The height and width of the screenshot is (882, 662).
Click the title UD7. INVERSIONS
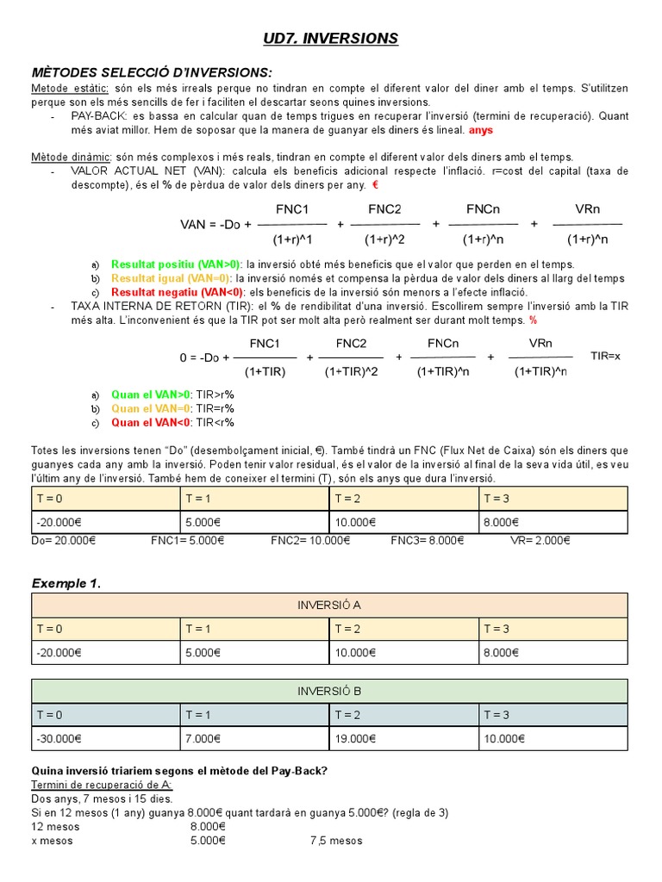click(330, 38)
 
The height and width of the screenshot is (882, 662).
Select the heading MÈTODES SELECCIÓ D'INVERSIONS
click(151, 71)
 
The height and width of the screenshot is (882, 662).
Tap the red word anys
click(481, 131)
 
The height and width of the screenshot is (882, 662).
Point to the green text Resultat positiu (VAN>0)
click(177, 264)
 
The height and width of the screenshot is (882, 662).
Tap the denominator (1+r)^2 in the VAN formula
click(384, 239)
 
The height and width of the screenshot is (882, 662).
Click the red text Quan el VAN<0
click(151, 422)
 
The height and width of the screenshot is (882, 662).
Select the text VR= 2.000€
click(540, 540)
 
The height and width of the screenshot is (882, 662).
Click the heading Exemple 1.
click(66, 583)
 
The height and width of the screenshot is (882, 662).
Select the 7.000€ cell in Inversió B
click(203, 738)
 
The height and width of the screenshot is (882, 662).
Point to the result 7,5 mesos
click(336, 841)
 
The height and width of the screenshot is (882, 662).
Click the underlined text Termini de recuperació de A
click(102, 785)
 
